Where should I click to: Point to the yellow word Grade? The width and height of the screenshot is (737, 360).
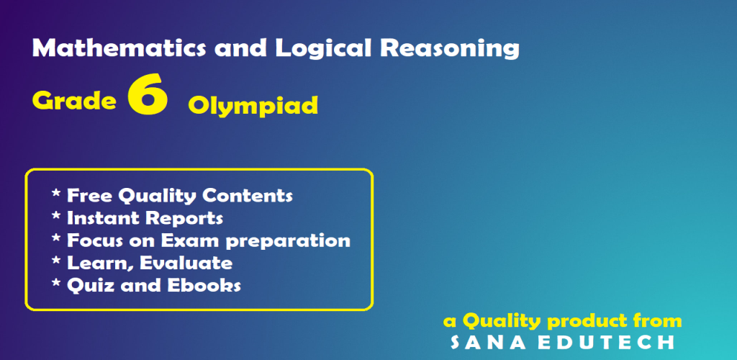74,100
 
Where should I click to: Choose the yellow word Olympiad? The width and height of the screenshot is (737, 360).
253,106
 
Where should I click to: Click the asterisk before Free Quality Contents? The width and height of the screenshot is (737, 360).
56,193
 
